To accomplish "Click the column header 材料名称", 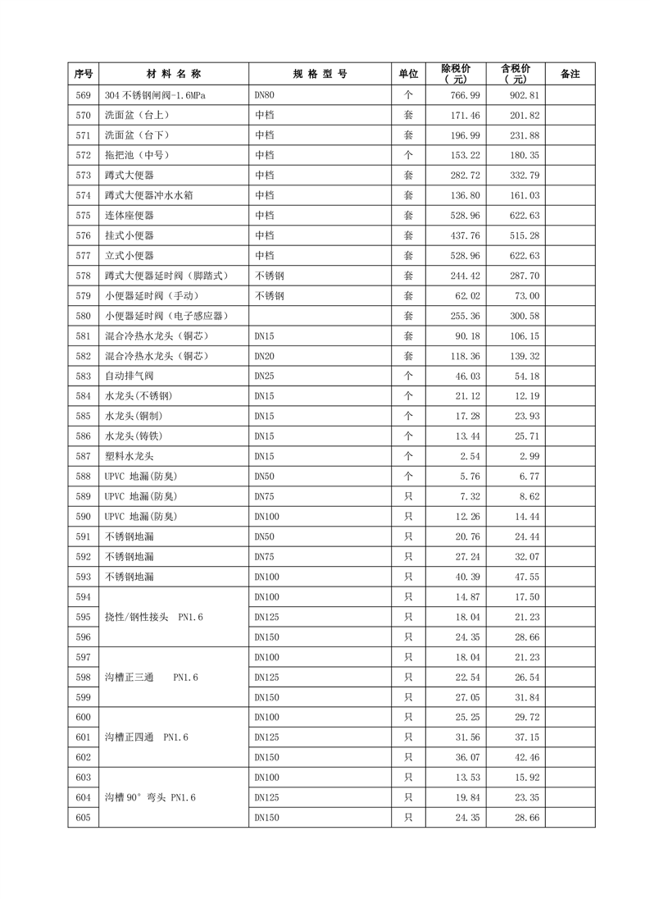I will [174, 74].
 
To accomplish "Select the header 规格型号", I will [320, 74].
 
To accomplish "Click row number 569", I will [83, 95].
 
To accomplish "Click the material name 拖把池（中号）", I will [136, 155].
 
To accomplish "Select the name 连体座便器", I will [130, 216].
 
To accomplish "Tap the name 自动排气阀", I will [130, 376].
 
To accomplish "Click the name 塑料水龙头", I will [130, 456].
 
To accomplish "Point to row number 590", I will [83, 516].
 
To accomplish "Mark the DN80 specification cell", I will [265, 95].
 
